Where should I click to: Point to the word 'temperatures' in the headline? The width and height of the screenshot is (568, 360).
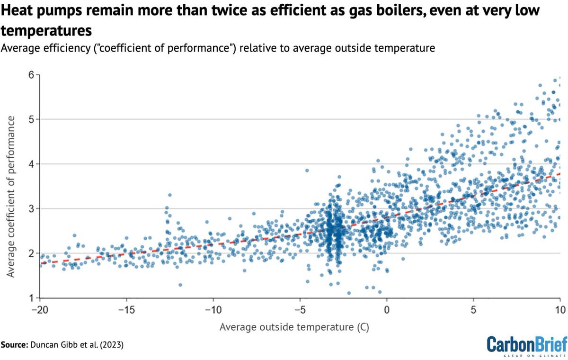46,32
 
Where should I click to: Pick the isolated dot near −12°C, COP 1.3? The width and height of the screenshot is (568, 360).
180,285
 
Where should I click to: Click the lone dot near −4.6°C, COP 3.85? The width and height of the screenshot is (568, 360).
307,171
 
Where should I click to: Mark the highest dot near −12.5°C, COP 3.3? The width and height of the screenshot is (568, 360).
169,195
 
